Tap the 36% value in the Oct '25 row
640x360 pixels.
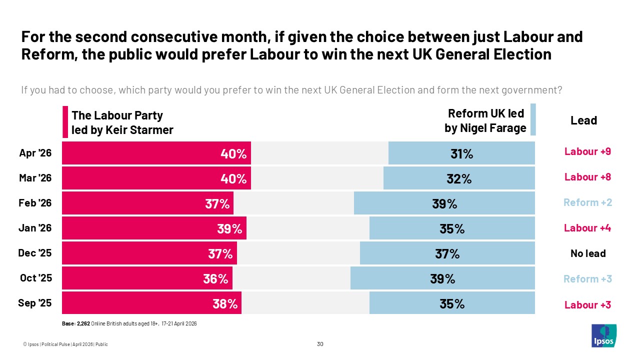pyautogui.click(x=215, y=279)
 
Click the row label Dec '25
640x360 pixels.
pyautogui.click(x=35, y=253)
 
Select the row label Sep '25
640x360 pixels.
pyautogui.click(x=35, y=304)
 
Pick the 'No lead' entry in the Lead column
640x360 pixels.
pyautogui.click(x=588, y=253)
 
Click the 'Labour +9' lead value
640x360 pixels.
pyautogui.click(x=587, y=151)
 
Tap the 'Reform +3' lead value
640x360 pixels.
pyautogui.click(x=587, y=279)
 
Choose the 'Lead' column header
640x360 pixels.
pyautogui.click(x=583, y=120)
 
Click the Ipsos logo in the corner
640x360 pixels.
pyautogui.click(x=603, y=335)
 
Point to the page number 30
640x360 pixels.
pyautogui.click(x=320, y=344)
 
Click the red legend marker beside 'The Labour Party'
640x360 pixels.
pyautogui.click(x=65, y=121)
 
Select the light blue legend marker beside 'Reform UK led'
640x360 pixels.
pyautogui.click(x=533, y=119)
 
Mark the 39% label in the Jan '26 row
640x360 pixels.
pyautogui.click(x=230, y=229)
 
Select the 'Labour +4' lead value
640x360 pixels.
pyautogui.click(x=587, y=228)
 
